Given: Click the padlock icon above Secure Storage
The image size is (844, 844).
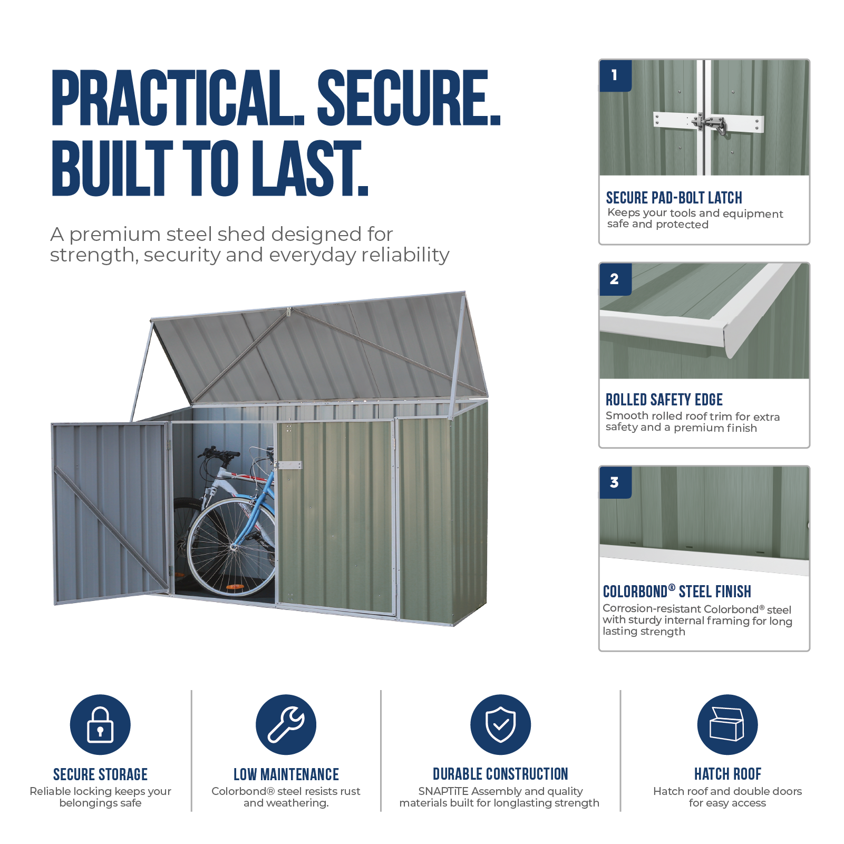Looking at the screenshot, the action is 100,724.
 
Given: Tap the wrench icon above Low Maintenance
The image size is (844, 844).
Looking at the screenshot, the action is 286,724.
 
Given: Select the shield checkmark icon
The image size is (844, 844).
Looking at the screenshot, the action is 500,724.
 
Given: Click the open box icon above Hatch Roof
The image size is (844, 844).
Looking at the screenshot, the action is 727,724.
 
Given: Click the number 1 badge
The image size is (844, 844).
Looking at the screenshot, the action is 615,75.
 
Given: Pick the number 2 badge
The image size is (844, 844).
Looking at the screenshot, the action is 615,279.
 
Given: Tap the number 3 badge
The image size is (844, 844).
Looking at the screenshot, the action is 615,482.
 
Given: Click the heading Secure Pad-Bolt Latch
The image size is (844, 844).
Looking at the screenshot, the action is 674,198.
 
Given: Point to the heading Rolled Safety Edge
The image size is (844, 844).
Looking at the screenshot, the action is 664,400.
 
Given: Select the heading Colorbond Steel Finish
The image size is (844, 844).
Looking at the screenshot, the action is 677,591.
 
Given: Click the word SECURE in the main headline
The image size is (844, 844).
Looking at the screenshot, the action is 409,98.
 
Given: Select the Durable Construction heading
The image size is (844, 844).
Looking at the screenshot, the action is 500,774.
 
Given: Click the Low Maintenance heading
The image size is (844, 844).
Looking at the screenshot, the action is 286,774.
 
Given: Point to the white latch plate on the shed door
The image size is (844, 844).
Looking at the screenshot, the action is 289,465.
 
